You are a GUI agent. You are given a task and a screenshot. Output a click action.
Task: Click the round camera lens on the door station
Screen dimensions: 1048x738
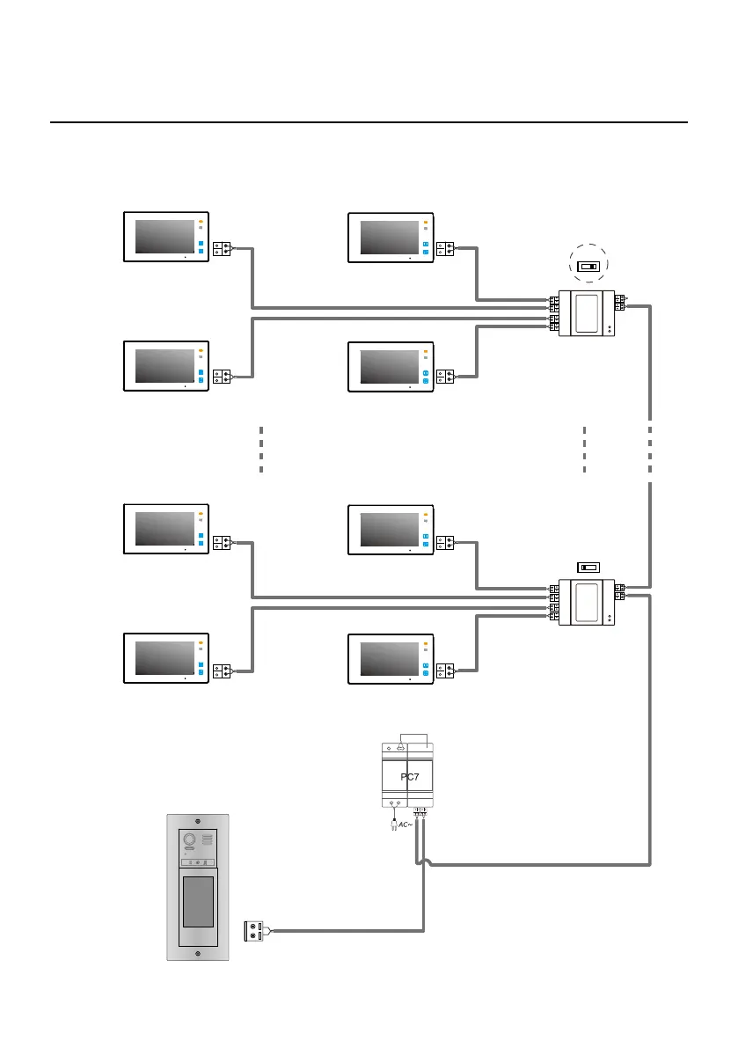[x=188, y=840]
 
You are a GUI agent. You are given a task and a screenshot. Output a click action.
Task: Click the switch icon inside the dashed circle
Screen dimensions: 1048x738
[x=588, y=264]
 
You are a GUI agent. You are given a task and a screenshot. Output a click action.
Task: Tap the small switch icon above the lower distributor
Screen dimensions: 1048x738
[x=588, y=567]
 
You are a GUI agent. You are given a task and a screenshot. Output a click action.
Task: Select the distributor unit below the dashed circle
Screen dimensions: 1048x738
[x=588, y=313]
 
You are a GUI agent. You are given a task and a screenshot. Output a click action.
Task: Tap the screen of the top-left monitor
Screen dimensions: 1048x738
[x=164, y=237]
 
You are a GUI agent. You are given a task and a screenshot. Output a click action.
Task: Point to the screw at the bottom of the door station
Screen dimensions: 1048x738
[x=198, y=955]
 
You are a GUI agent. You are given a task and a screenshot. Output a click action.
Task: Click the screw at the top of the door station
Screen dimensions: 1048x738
[x=198, y=820]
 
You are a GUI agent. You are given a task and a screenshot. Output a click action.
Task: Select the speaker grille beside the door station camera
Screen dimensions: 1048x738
[x=208, y=840]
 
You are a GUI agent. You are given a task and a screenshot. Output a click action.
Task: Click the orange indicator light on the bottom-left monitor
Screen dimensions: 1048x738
[x=201, y=642]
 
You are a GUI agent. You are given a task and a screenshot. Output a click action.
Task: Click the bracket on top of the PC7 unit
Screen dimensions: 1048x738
[x=413, y=737]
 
